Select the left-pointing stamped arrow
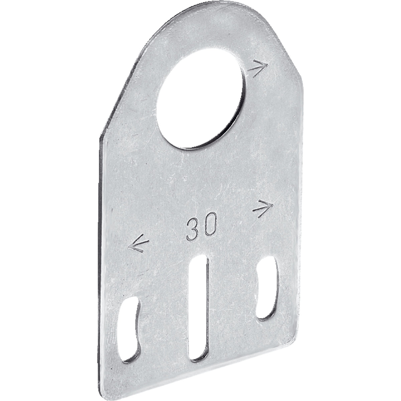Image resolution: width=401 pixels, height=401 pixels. click(138, 244)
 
